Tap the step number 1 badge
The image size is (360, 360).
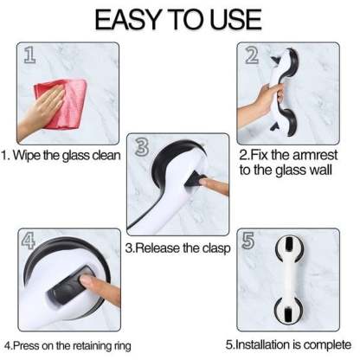(x=29, y=57)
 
